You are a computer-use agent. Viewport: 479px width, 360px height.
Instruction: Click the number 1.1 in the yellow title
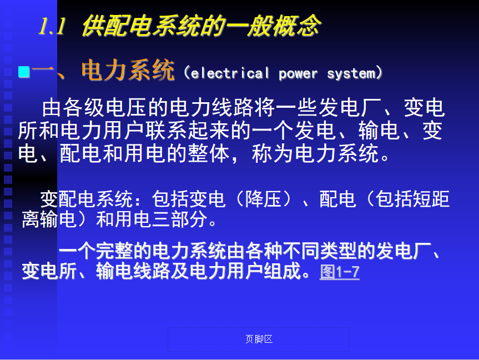point(52,26)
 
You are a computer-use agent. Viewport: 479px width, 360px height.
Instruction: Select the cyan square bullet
point(24,72)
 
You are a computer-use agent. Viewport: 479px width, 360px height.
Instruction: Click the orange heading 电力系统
point(128,71)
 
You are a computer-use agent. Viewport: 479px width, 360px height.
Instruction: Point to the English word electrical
point(230,73)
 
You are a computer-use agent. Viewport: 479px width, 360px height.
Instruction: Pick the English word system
point(351,74)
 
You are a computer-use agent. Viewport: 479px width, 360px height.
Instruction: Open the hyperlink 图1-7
point(339,272)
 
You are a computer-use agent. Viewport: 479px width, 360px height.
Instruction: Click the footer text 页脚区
point(259,339)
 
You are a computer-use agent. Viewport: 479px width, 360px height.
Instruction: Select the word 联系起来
point(188,131)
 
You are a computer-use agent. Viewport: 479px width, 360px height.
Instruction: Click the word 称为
point(273,153)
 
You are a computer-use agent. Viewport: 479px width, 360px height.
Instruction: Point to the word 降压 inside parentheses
point(263,199)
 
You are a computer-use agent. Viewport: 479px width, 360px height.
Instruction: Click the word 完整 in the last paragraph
point(114,251)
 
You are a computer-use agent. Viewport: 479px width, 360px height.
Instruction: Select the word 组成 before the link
point(283,271)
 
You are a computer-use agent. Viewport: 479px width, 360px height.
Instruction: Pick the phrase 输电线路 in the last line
point(133,271)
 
